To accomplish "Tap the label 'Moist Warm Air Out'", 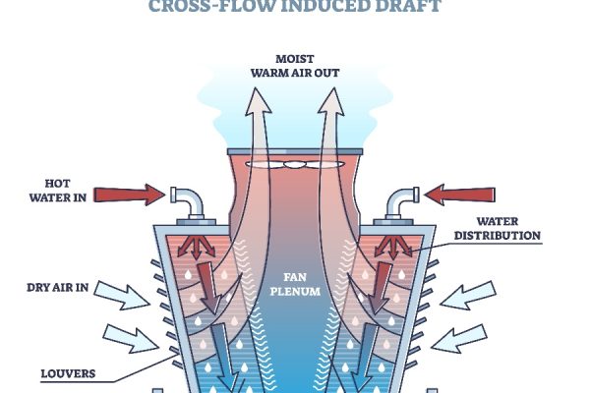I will [295, 65].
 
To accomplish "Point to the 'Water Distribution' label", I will [507, 228].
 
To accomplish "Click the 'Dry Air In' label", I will [56, 288].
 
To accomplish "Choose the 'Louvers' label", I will [68, 373].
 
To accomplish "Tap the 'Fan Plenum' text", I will [294, 283].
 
